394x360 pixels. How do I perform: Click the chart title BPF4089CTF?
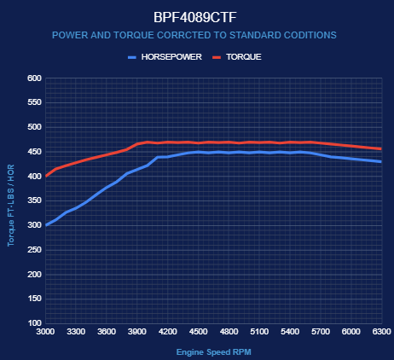point(195,17)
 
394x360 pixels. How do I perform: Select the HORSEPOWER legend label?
point(171,57)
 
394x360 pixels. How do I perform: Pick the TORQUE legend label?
point(244,57)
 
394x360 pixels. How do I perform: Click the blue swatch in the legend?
point(132,57)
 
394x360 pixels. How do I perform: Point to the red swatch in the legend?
point(217,57)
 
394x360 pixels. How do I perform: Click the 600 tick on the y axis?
point(34,78)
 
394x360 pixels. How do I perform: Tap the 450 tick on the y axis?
point(34,152)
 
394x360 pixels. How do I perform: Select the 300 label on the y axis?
point(34,225)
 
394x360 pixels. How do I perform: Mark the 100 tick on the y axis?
point(34,323)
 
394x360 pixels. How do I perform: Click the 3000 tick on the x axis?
point(45,332)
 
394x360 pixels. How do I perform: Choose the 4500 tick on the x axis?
point(199,332)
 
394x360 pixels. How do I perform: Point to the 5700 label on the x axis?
point(321,332)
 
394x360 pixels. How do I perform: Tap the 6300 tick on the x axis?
point(382,332)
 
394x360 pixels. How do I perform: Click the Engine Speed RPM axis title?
point(214,352)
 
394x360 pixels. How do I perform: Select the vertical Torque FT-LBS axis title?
point(11,206)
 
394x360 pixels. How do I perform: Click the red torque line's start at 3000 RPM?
point(46,177)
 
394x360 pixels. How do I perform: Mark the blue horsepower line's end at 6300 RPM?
point(381,162)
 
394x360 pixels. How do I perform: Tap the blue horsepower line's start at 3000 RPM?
point(46,225)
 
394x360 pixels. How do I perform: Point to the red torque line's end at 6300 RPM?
point(381,149)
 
